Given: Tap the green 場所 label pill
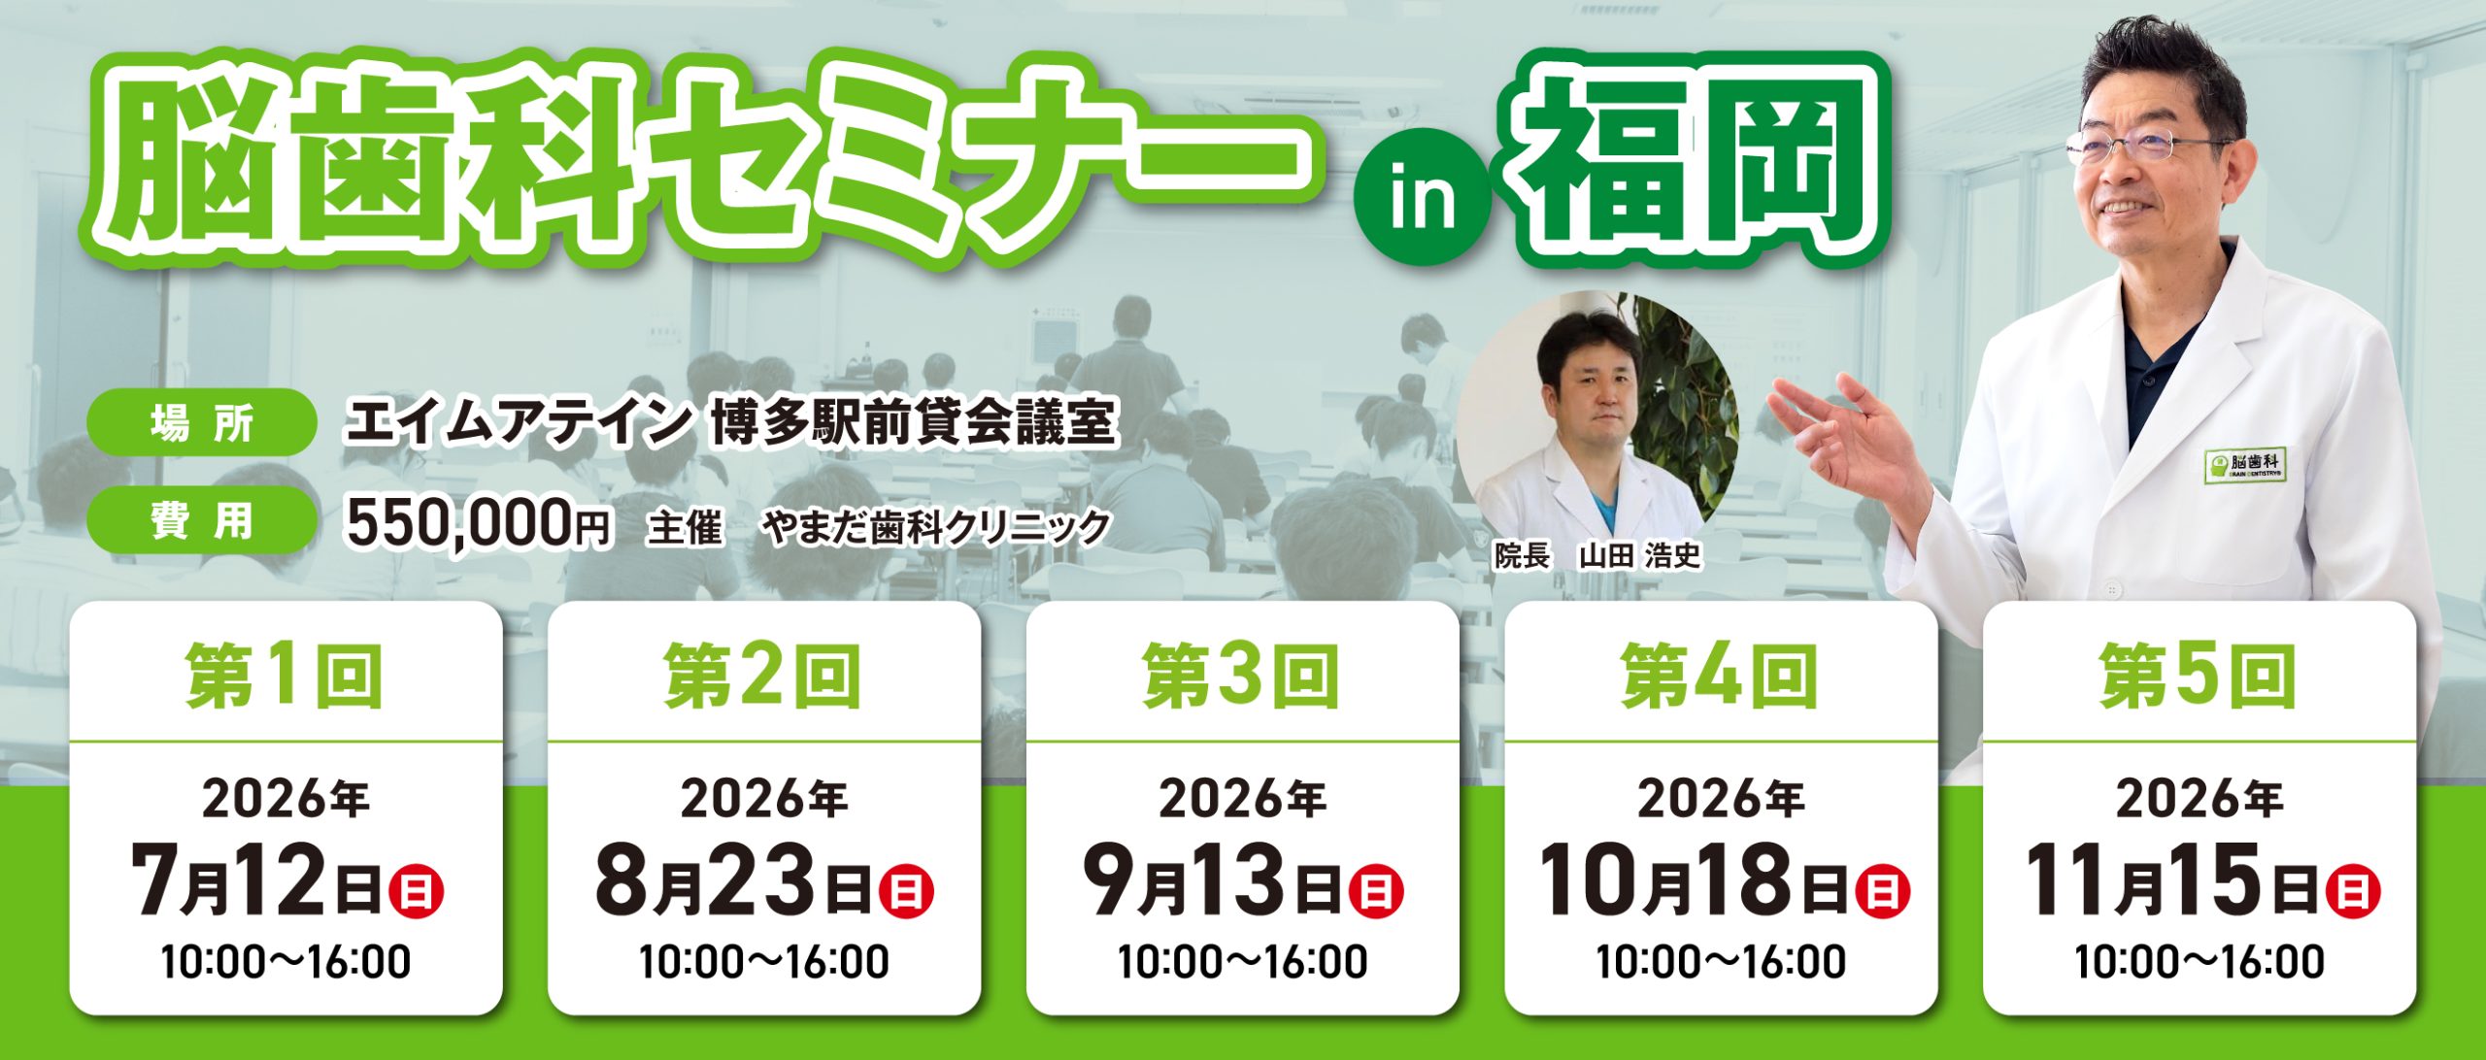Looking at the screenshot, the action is (202, 422).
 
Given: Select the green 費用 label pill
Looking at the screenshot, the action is (202, 520).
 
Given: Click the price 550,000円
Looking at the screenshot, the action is (479, 524).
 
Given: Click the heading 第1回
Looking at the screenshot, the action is (286, 677).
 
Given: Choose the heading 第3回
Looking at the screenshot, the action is (1242, 677).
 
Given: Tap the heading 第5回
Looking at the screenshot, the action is (2199, 677).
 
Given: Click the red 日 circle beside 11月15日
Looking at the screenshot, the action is (2353, 891).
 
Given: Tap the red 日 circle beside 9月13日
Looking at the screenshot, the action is (1376, 891).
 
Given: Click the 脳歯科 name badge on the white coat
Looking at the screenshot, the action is (2243, 466).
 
